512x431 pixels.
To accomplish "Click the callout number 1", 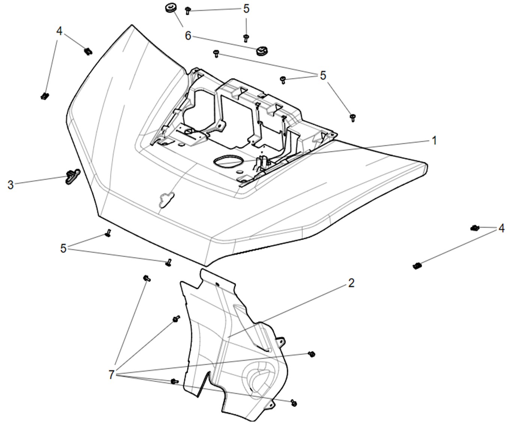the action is [x=434, y=141].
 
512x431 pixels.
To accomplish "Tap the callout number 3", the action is [x=10, y=185].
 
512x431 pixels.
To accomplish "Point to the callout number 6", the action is [x=188, y=36].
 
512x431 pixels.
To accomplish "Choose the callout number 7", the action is [x=111, y=375].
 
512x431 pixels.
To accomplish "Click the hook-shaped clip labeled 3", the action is [x=73, y=175].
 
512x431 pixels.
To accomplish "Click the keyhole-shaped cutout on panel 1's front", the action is [x=166, y=199].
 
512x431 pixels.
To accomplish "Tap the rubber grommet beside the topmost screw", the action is [x=169, y=8].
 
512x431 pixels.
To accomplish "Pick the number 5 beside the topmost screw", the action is [x=246, y=9].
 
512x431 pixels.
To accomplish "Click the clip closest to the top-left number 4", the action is [x=88, y=51].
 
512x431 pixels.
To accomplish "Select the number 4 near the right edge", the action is [x=502, y=228].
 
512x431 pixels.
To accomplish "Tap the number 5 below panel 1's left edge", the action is [x=63, y=248].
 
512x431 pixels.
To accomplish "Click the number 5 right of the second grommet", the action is [x=323, y=76].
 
